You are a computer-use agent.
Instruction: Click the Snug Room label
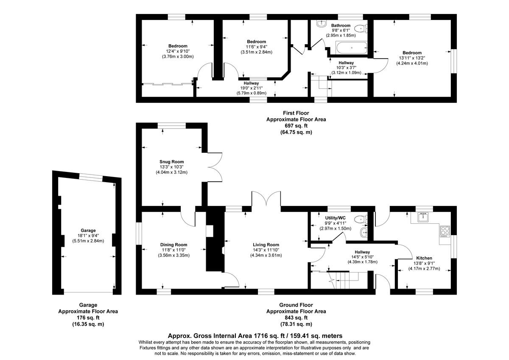point(171,161)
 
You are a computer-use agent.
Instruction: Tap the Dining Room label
point(173,245)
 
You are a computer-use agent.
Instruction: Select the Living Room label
point(266,245)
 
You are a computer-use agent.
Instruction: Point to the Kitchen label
point(424,258)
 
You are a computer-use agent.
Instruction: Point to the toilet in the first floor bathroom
point(361,29)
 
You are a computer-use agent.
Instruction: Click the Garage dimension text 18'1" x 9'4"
point(88,236)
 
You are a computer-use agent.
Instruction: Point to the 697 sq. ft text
point(296,126)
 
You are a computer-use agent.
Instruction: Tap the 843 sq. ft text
point(296,318)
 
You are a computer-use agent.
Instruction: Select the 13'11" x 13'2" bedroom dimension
point(411,58)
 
